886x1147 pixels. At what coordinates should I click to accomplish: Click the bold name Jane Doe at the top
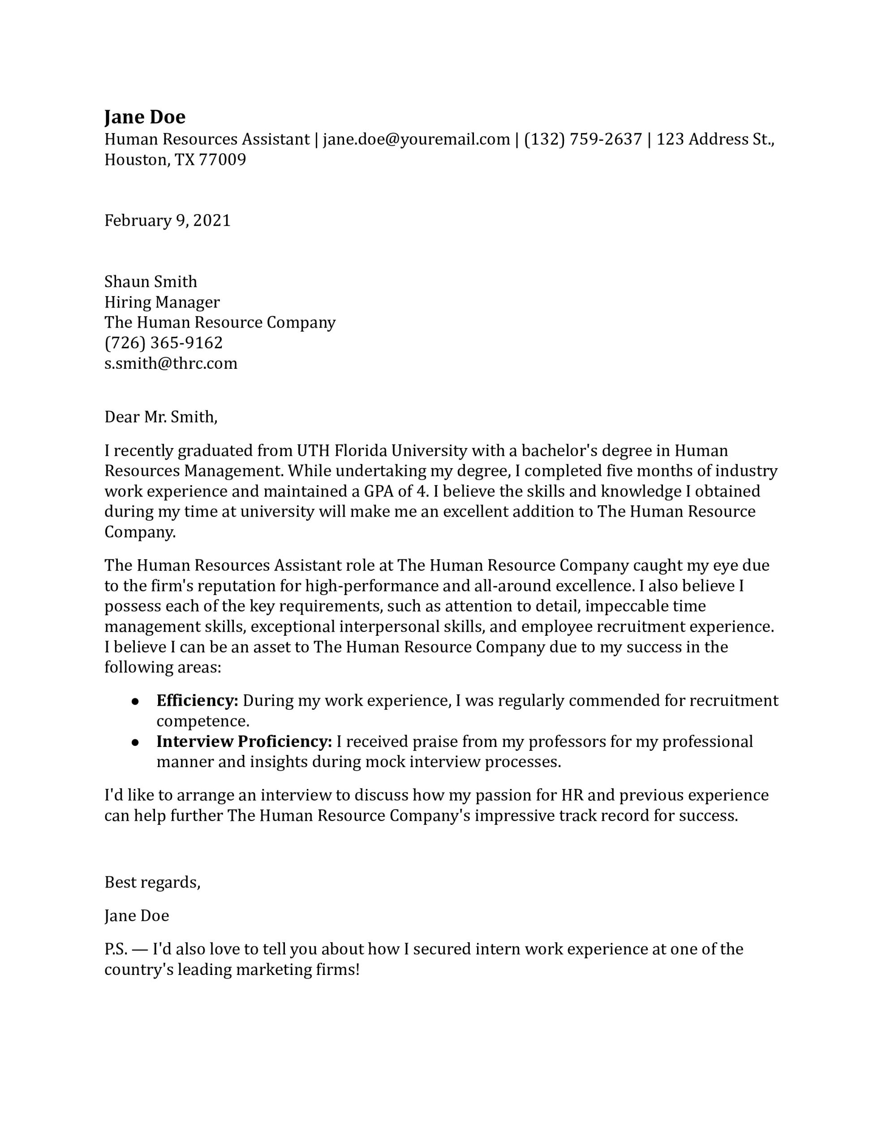pos(145,116)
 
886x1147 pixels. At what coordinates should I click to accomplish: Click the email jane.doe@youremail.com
pos(416,139)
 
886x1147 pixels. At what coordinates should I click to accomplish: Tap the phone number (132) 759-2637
pos(583,139)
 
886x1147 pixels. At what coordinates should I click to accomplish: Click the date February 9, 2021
pos(168,220)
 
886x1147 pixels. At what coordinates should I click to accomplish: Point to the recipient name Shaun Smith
pos(151,281)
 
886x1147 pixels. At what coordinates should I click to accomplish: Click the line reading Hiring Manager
pos(162,302)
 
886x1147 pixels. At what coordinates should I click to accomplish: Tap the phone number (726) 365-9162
pos(163,343)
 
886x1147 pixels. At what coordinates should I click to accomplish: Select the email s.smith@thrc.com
pos(171,363)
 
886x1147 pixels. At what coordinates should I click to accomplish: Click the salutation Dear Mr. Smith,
pos(161,417)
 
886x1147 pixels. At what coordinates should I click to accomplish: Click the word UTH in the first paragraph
pos(313,451)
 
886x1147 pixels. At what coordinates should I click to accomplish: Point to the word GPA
pos(377,492)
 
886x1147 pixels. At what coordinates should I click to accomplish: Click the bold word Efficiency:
pos(198,701)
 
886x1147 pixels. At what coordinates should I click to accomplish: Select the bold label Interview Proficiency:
pos(244,742)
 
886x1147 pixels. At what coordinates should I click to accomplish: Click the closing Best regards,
pos(152,882)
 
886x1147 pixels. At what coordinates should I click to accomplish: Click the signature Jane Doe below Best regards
pos(137,916)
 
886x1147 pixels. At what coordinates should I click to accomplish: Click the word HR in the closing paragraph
pos(573,795)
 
